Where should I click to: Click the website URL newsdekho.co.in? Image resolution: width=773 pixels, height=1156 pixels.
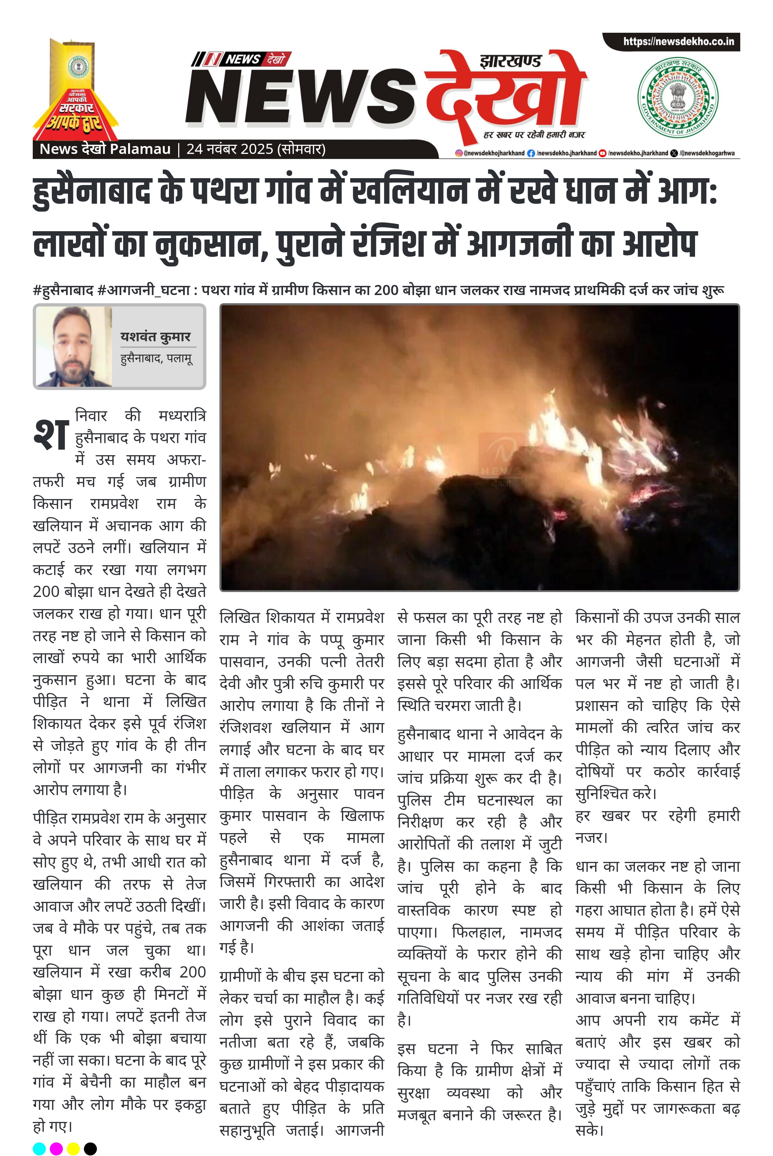click(x=678, y=42)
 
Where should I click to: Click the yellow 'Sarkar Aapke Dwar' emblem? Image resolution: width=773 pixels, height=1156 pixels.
click(x=75, y=91)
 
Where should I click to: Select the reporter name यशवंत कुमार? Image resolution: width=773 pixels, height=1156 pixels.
click(x=155, y=337)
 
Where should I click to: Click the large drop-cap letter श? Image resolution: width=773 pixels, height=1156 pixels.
click(x=50, y=435)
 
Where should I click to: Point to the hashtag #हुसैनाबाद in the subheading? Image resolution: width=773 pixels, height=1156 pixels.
click(x=63, y=290)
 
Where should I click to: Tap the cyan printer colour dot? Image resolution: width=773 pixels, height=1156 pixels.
click(x=39, y=1148)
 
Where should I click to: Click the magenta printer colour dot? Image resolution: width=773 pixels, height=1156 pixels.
click(x=56, y=1148)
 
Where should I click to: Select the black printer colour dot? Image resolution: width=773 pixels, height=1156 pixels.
click(x=90, y=1148)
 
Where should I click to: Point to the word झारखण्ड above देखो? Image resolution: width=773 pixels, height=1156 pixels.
click(x=510, y=62)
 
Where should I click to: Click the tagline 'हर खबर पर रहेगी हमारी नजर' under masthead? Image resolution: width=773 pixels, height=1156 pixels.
click(x=534, y=135)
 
